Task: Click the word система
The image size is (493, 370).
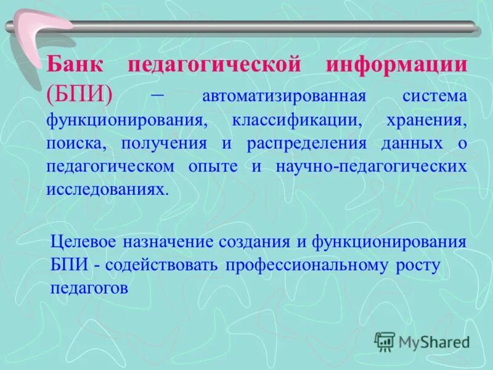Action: coord(434,97)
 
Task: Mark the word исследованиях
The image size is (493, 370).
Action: coord(106,189)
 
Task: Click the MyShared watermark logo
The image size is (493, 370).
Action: coord(422,341)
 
